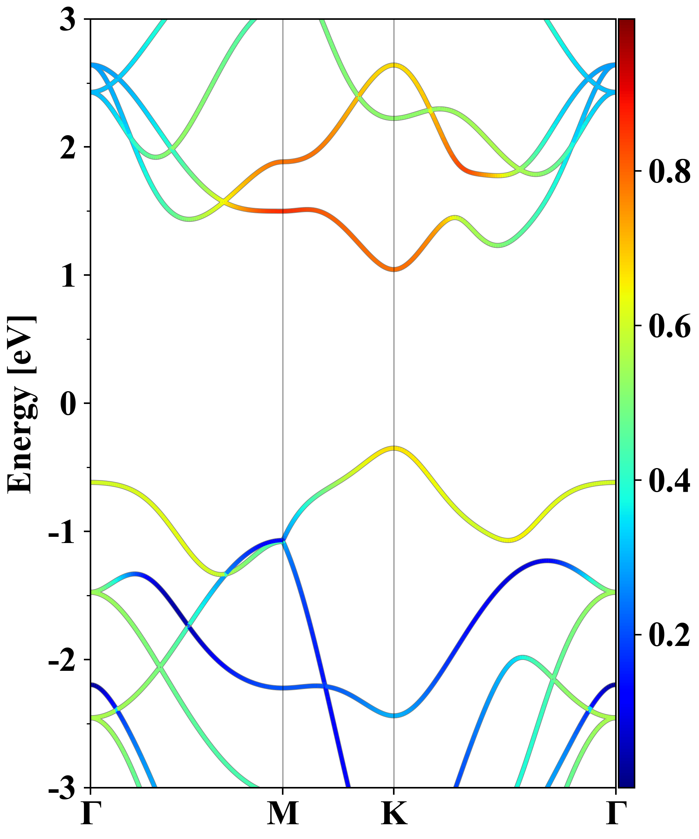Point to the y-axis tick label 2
point(68,148)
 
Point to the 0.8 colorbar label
point(669,172)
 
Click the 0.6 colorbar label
point(669,326)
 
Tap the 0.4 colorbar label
point(669,480)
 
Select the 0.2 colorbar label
point(669,635)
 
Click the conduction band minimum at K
point(394,269)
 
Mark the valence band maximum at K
point(394,448)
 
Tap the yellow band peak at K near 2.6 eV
point(394,65)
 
